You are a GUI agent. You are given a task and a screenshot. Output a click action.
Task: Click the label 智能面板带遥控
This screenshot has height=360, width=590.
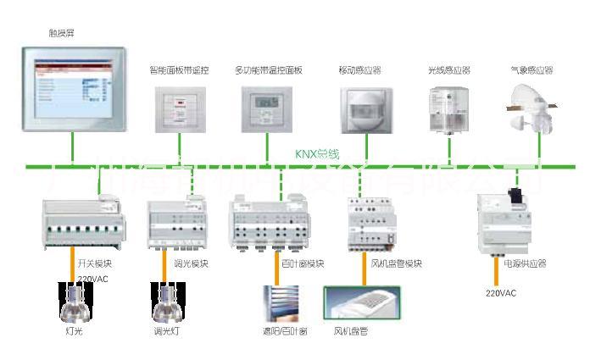178,70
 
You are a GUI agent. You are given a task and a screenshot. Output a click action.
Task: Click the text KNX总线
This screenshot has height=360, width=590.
316,153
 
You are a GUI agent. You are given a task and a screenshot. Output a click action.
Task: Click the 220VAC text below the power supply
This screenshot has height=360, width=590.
500,294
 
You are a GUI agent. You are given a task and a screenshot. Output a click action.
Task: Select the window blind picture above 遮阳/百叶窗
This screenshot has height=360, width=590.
281,303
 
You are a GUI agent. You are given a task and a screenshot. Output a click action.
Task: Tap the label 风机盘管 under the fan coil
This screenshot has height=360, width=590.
350,331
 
